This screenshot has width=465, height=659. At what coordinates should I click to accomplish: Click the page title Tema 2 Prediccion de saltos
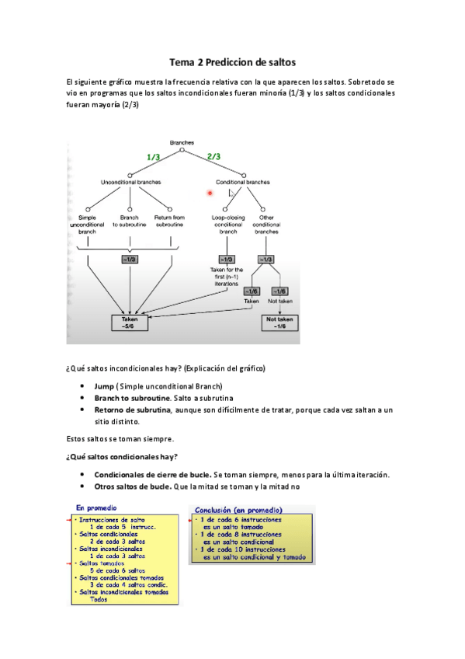pyautogui.click(x=233, y=61)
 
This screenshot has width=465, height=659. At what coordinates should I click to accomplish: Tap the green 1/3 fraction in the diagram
pyautogui.click(x=154, y=157)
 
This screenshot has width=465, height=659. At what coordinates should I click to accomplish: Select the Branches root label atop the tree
pyautogui.click(x=182, y=143)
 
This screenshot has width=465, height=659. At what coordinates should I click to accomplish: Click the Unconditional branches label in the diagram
pyautogui.click(x=131, y=182)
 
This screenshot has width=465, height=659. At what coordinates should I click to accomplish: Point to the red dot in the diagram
pyautogui.click(x=210, y=193)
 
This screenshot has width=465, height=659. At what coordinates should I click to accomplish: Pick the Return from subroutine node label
pyautogui.click(x=169, y=221)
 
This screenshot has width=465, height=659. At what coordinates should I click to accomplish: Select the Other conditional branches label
pyautogui.click(x=266, y=225)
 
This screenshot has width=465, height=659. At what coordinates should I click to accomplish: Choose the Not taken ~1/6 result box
pyautogui.click(x=282, y=323)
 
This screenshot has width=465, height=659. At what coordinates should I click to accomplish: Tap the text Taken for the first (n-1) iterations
pyautogui.click(x=227, y=277)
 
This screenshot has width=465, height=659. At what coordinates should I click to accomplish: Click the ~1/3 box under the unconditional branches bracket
pyautogui.click(x=130, y=260)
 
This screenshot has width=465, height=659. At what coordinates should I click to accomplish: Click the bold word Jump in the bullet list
pyautogui.click(x=104, y=386)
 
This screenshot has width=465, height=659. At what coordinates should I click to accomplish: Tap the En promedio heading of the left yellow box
pyautogui.click(x=96, y=507)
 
